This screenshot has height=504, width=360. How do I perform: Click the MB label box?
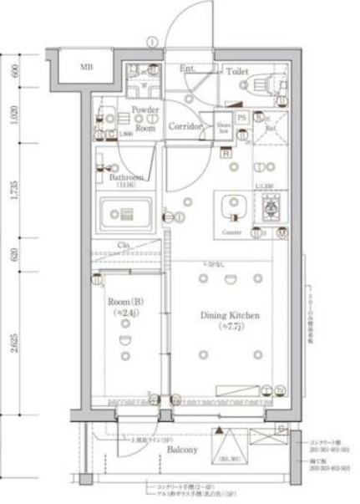point(87,66)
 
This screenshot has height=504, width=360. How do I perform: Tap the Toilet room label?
point(236,73)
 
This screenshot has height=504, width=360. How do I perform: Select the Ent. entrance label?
point(186,68)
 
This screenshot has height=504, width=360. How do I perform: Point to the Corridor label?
point(185,127)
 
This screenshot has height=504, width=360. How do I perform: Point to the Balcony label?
point(181,449)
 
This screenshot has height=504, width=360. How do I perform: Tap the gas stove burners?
point(271,206)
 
